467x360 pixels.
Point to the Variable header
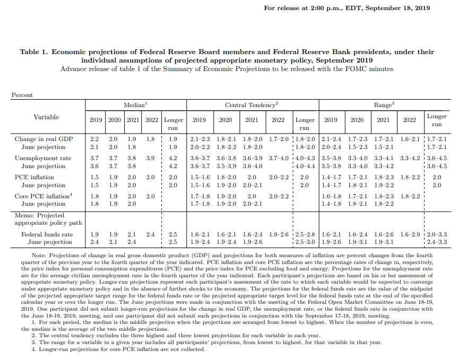46,117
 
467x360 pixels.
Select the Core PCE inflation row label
44,196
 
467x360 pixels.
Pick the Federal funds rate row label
47,234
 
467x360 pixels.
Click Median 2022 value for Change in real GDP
151,139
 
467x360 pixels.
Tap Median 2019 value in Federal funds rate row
94,234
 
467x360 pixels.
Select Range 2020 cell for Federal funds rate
357,234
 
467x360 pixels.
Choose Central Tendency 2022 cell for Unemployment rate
278,158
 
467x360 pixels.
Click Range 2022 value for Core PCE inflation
409,196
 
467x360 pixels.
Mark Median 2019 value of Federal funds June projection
94,242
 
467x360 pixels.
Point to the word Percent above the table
22,95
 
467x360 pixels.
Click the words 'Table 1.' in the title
34,52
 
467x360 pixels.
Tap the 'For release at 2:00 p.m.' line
347,8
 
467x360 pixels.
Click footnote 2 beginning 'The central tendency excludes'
175,336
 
